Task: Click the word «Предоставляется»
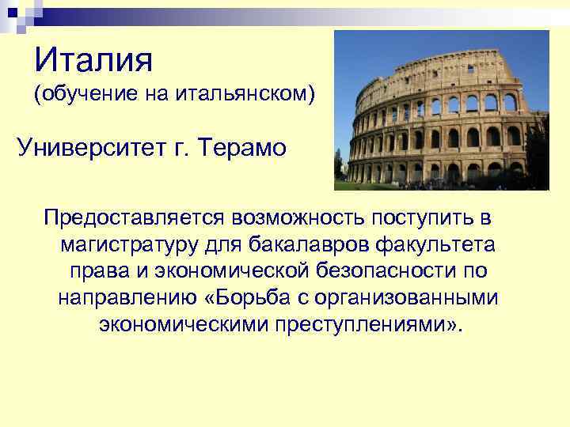coord(137,216)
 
